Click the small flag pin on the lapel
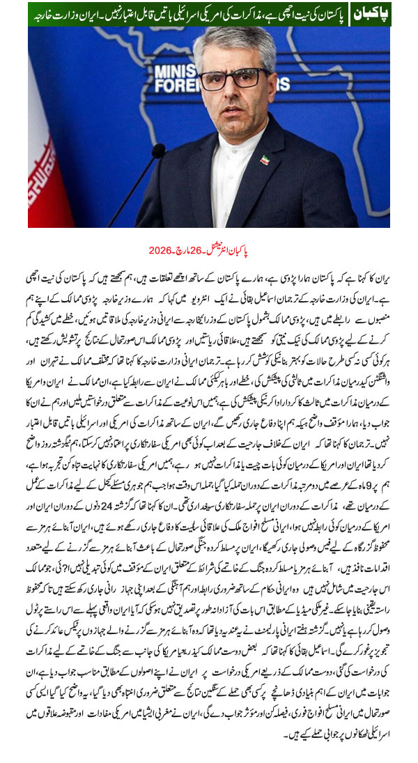pyautogui.click(x=264, y=160)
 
